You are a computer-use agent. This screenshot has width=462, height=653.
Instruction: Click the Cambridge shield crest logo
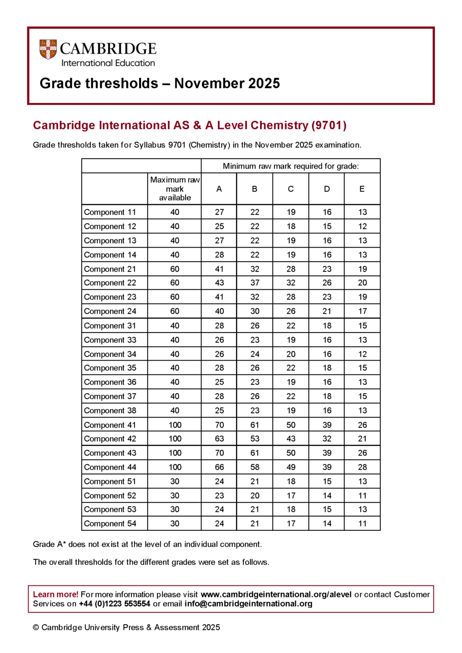48,50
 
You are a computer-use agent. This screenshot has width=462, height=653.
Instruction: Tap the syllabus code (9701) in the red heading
329,125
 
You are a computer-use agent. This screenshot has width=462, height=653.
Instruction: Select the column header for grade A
219,189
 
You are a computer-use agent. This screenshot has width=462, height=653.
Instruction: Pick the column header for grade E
362,189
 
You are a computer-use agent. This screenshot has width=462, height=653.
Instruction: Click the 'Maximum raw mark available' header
175,188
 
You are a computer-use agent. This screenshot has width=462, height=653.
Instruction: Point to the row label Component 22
110,283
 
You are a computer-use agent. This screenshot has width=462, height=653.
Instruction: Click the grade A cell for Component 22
219,283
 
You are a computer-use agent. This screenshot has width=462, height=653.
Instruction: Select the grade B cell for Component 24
255,311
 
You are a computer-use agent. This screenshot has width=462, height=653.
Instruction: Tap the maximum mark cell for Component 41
175,425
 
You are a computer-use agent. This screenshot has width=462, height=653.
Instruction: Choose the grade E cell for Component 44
362,467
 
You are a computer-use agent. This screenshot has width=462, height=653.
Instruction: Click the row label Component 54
110,524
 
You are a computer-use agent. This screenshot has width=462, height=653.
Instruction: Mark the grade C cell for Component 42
291,439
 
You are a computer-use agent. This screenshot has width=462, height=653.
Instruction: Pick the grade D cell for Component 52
327,496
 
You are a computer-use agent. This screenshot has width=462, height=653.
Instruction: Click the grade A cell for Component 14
219,255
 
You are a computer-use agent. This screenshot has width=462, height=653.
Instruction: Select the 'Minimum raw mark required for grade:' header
291,166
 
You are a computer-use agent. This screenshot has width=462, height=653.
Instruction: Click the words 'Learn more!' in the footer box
56,594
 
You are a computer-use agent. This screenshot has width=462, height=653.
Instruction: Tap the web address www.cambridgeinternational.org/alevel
276,594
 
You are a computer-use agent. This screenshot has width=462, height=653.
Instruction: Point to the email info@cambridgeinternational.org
248,604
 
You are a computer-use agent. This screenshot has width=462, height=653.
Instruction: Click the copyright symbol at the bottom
36,627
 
